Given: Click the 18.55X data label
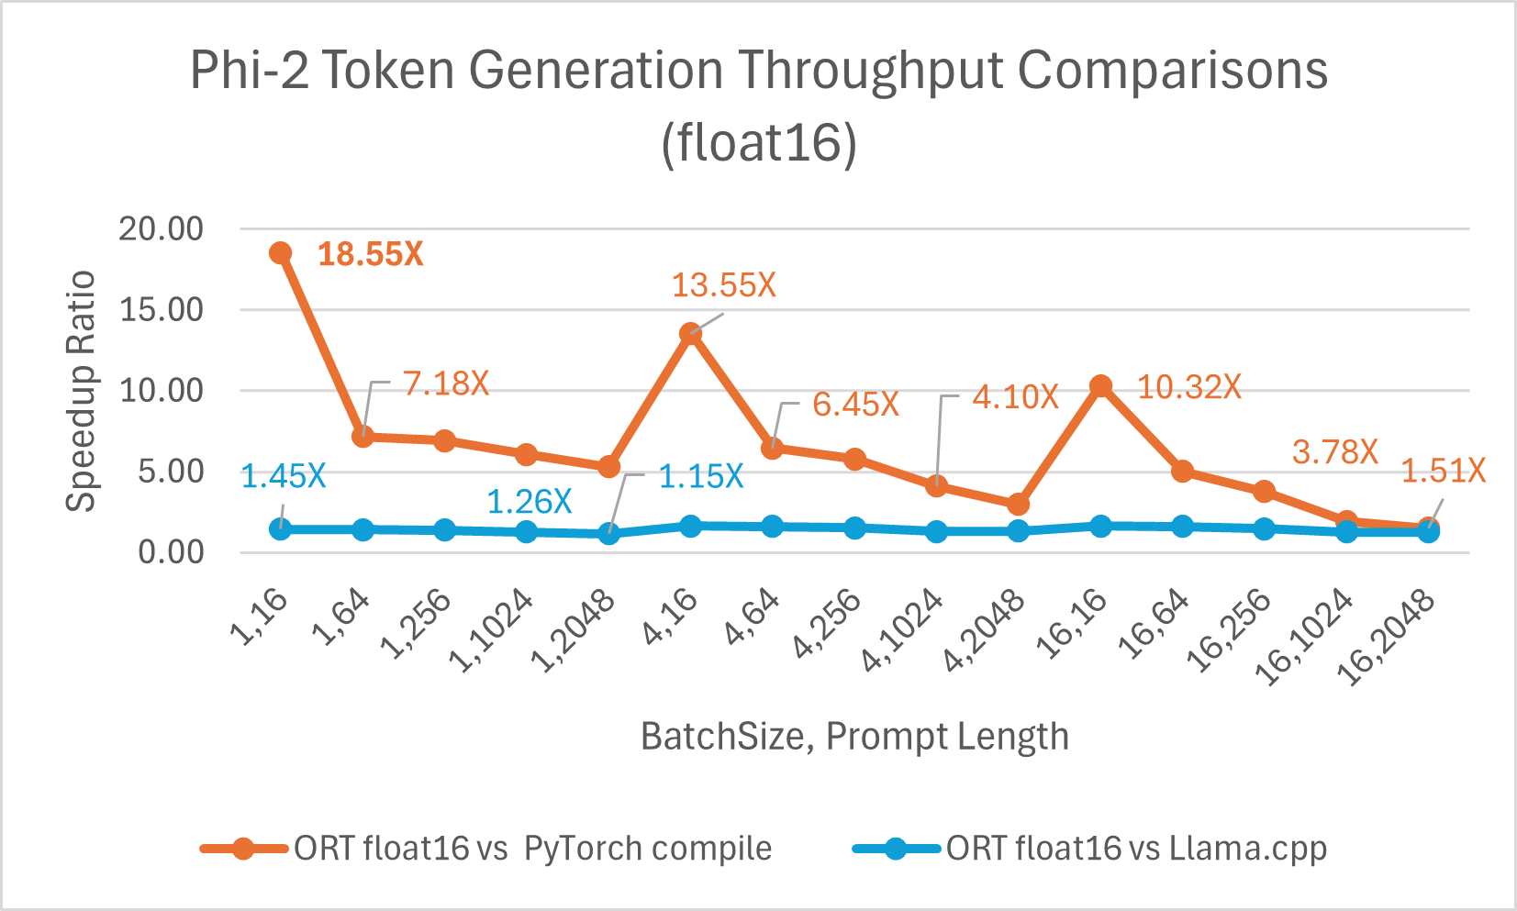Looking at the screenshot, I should click(370, 254).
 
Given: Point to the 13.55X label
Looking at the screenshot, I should click(723, 285).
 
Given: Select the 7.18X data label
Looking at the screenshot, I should click(446, 383).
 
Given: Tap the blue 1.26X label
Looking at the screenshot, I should click(529, 502).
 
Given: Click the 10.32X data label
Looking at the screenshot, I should click(1189, 387).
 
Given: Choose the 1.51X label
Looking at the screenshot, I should click(1443, 472).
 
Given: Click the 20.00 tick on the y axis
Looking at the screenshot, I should click(161, 229).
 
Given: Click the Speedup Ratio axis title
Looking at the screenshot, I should click(81, 391).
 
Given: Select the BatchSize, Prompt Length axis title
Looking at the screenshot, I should click(854, 737).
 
